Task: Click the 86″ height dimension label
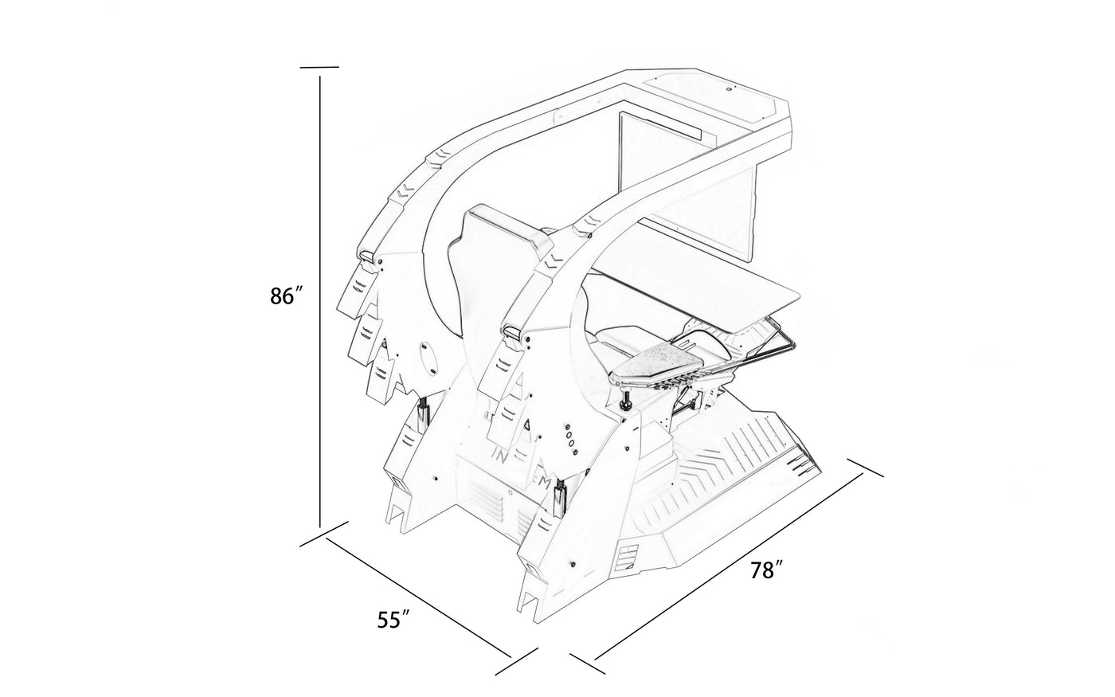coord(287,296)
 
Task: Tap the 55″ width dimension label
coord(393,619)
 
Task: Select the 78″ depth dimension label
coord(768,570)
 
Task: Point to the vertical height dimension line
coord(320,303)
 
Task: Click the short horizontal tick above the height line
coord(319,67)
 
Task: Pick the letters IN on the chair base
coord(502,457)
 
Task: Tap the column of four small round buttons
coord(569,438)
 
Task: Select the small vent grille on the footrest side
coord(628,554)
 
